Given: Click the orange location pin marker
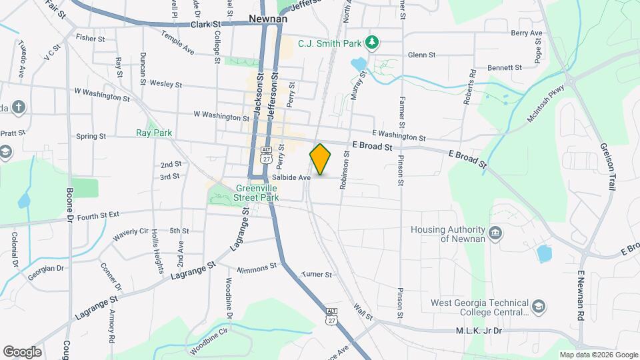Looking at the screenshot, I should (320, 160).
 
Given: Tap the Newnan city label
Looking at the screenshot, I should (267, 19).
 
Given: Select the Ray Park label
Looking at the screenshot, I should (154, 133).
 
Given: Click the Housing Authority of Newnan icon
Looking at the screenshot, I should (495, 233).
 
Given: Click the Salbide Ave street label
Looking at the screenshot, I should (291, 178).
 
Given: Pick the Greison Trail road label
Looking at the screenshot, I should (607, 167).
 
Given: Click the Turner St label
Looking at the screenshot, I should (316, 274).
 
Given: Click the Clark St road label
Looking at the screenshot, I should (205, 24).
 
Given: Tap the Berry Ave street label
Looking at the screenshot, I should (527, 33).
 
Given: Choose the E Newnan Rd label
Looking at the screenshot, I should (581, 297).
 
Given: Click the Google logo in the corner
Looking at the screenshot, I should (22, 352).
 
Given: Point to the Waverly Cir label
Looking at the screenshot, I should (129, 234).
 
